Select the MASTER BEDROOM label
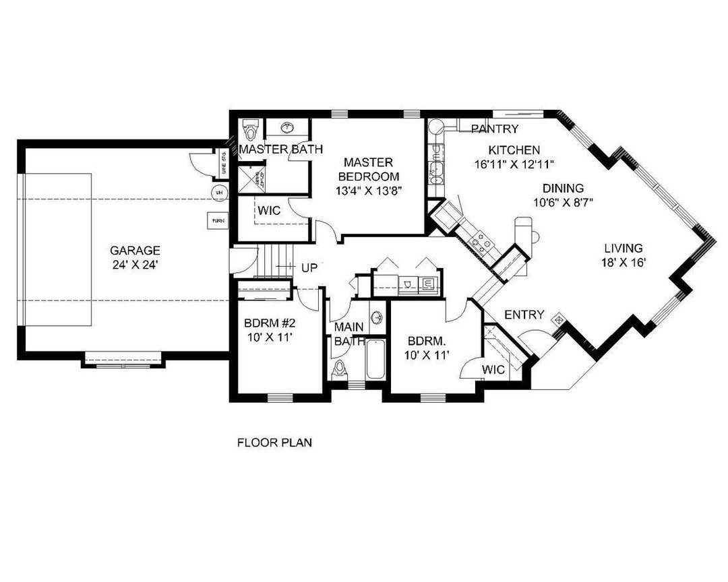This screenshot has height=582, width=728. [368, 169]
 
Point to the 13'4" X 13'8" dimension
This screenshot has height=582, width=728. [368, 191]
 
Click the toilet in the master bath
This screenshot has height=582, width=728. [251, 127]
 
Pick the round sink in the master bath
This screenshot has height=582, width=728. [289, 127]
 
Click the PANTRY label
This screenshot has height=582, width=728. [495, 129]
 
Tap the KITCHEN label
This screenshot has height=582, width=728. [514, 150]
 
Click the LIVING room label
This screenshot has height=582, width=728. [623, 248]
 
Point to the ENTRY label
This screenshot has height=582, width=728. [524, 315]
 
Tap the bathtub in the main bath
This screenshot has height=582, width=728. [376, 360]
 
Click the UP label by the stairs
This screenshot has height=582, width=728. [309, 267]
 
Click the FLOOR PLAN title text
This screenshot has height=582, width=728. [274, 443]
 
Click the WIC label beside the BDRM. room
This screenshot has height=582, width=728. [493, 369]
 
